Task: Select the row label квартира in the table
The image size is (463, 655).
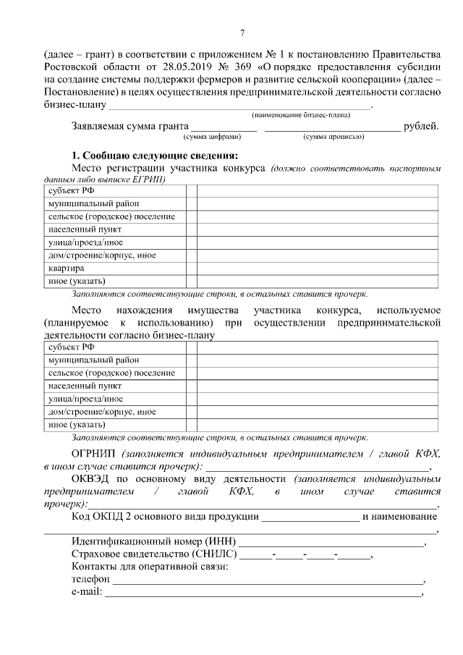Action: [67, 268]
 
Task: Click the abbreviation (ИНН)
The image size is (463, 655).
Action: [220, 542]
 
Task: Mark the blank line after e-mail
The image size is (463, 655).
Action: [263, 593]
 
